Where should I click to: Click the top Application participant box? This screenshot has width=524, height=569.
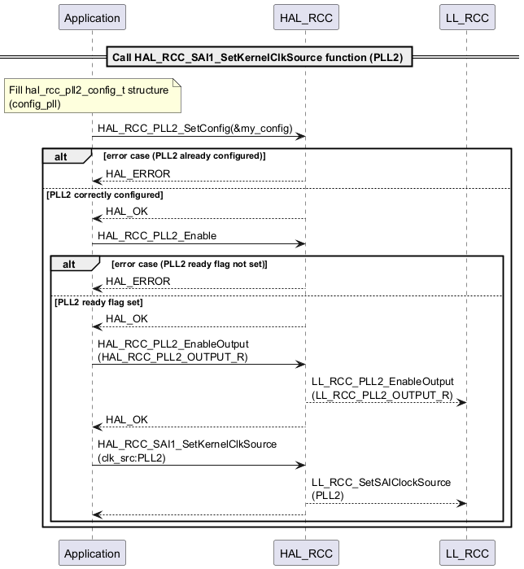[x=92, y=17]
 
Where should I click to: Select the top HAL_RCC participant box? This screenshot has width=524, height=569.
[x=306, y=17]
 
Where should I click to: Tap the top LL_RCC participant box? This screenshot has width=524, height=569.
[x=467, y=17]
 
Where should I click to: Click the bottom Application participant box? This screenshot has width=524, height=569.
[x=92, y=553]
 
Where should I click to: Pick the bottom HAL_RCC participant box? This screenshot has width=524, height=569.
[x=306, y=553]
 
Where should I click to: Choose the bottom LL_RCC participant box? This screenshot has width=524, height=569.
[x=467, y=553]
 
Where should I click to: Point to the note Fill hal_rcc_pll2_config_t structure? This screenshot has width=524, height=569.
[x=89, y=97]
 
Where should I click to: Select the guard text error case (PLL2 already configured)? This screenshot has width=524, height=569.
[x=185, y=155]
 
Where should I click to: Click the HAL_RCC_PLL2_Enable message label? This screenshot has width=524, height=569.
[x=157, y=235]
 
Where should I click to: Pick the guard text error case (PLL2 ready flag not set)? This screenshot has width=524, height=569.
[x=190, y=263]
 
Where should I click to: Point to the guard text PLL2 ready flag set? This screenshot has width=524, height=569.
[x=99, y=302]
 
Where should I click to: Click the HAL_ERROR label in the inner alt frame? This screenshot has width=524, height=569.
[x=138, y=281]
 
